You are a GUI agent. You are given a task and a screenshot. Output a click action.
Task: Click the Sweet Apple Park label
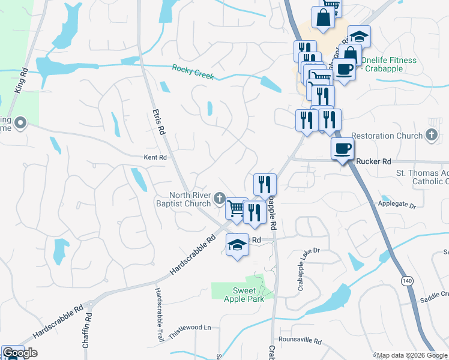pos(244,294)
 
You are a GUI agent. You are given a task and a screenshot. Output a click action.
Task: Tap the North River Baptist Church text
pos(190,199)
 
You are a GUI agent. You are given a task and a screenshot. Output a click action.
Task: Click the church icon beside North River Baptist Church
pos(220,197)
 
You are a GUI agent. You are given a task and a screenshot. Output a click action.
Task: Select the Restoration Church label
pos(387,136)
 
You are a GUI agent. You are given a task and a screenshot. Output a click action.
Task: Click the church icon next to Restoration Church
pos(432,136)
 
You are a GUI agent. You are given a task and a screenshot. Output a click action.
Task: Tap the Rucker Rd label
pos(373,161)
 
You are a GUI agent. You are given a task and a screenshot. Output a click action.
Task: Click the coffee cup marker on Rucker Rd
pos(342,149)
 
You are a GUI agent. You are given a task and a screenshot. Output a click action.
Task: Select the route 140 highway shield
pos(408,281)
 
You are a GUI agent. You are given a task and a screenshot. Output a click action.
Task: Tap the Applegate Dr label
pos(397,205)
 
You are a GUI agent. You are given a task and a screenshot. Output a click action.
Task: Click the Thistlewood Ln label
pos(191,328)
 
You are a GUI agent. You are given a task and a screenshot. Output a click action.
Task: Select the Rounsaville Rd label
pos(300,341)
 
